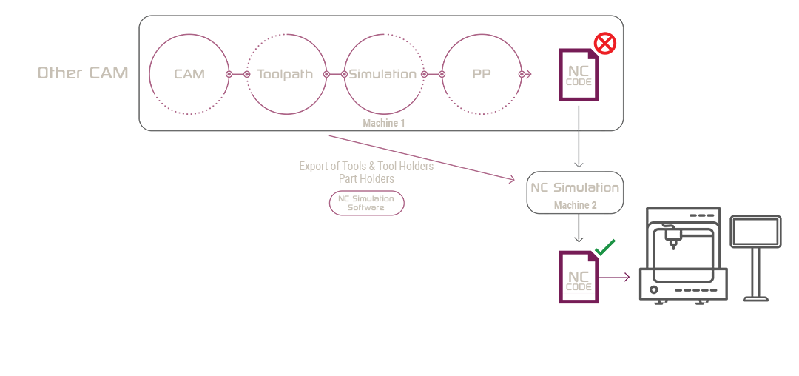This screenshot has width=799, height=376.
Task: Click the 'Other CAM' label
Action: [x=83, y=73]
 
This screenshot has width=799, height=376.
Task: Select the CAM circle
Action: [x=189, y=74]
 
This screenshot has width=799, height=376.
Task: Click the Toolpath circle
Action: [x=286, y=74]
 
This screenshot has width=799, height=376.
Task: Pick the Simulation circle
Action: [x=383, y=74]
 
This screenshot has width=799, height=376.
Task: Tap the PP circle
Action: [x=481, y=74]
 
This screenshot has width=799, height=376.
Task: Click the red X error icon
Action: [x=605, y=44]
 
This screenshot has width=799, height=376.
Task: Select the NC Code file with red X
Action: [x=579, y=75]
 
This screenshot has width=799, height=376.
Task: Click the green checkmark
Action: [x=605, y=248]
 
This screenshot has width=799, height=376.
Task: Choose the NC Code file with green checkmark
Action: [x=579, y=278]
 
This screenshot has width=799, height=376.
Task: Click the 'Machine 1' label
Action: [x=383, y=123]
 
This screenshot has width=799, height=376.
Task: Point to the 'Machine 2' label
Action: [x=575, y=205]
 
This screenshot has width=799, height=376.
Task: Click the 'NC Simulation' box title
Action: [x=575, y=187]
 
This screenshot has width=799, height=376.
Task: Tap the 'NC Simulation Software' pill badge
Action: [x=366, y=204]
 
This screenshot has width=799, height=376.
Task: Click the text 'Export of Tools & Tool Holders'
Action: [x=366, y=167]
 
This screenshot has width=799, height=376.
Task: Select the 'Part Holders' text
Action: [x=366, y=179]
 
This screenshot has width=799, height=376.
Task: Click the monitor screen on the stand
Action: [x=755, y=232]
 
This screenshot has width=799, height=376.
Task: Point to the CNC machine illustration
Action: [x=683, y=255]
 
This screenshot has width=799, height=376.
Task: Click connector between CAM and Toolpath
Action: [x=237, y=74]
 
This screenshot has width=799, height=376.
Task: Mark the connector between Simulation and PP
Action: [x=433, y=74]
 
